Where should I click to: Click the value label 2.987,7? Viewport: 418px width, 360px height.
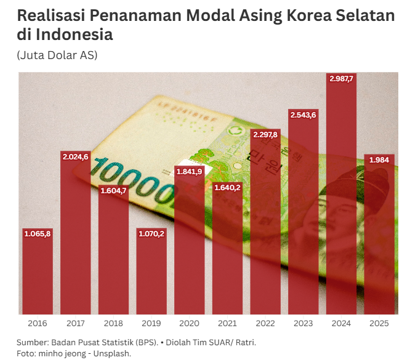[x=341, y=79]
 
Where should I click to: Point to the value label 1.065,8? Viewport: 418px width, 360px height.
[x=38, y=234]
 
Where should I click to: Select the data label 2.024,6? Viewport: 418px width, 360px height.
[x=76, y=157]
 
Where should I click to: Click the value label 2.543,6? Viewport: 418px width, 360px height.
[x=303, y=115]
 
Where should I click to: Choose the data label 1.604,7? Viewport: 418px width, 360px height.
[x=113, y=191]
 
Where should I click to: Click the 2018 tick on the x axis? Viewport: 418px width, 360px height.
[x=113, y=323]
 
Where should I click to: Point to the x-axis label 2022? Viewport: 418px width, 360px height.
[x=265, y=323]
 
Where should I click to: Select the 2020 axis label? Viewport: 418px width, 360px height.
[x=190, y=323]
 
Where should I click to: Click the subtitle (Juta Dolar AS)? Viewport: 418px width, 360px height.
[x=57, y=55]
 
